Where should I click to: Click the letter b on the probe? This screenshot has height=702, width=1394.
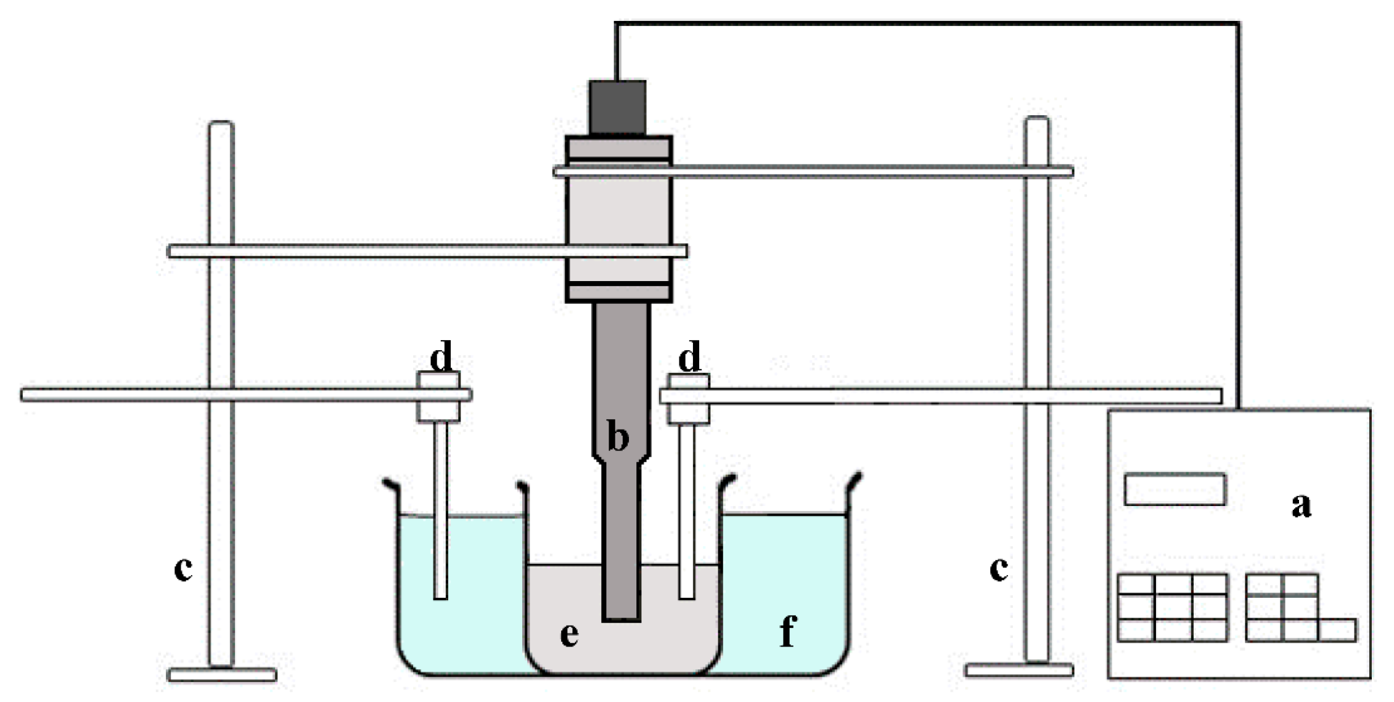618,438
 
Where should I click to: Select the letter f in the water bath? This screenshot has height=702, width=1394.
787,631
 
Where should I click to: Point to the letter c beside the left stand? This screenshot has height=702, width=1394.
183,569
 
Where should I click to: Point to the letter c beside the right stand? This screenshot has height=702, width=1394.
999,569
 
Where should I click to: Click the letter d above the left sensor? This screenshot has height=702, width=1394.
441,357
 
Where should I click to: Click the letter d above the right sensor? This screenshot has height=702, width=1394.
689,357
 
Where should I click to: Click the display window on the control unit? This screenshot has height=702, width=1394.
1175,489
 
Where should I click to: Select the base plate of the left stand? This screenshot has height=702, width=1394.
222,675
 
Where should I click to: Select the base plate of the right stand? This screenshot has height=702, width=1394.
1019,670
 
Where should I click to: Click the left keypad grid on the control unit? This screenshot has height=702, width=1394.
1172,608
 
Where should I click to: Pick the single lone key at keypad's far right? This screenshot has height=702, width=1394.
1337,631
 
